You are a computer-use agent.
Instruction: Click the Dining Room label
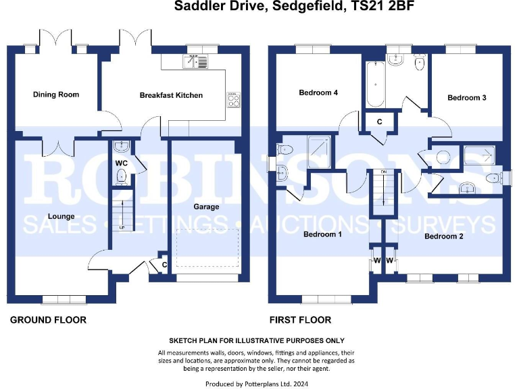(56, 95)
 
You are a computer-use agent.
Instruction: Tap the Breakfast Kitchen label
(171, 95)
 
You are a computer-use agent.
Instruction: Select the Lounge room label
(60, 216)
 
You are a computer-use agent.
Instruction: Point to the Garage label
(206, 207)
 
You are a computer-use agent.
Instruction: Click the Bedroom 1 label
(322, 234)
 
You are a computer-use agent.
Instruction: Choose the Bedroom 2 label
(443, 236)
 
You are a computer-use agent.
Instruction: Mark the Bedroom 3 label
(467, 98)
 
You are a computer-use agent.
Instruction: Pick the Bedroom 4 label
(318, 93)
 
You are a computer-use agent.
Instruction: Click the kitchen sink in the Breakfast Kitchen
(195, 62)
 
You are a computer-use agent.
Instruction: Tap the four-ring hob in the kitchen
(234, 101)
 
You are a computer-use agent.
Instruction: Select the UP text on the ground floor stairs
(122, 228)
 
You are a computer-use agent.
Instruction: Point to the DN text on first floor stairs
(383, 173)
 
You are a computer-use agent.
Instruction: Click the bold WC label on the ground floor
(121, 163)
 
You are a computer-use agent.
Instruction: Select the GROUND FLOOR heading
(48, 319)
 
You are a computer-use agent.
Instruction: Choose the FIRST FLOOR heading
(300, 319)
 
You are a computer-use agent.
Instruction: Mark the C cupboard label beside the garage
(164, 265)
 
